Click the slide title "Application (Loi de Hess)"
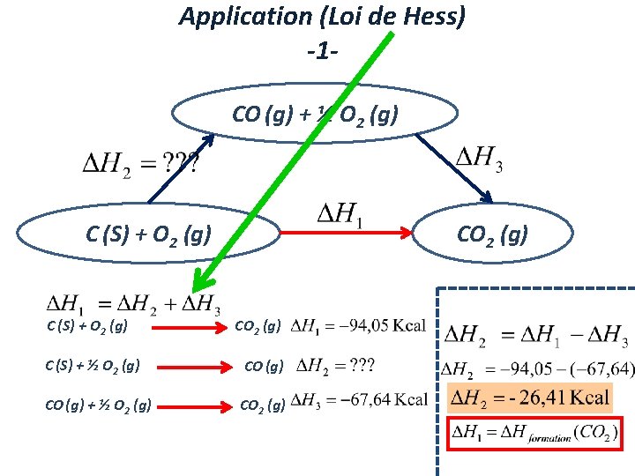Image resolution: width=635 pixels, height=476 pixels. point(322,17)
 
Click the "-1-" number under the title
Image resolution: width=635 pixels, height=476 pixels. point(322,50)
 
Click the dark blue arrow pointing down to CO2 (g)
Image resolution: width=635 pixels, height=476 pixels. point(454,167)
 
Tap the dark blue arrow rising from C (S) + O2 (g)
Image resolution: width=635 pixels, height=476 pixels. point(181,167)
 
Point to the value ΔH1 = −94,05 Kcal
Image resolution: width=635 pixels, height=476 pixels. point(358,327)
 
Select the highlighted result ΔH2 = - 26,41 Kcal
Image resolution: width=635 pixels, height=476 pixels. point(529,398)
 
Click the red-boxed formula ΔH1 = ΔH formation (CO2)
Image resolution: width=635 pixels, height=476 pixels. point(534,433)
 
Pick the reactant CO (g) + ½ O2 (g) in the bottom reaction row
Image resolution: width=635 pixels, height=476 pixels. point(97,405)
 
